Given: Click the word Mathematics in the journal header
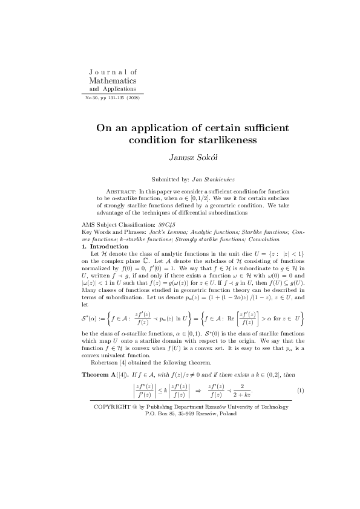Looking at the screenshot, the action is (113, 80).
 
